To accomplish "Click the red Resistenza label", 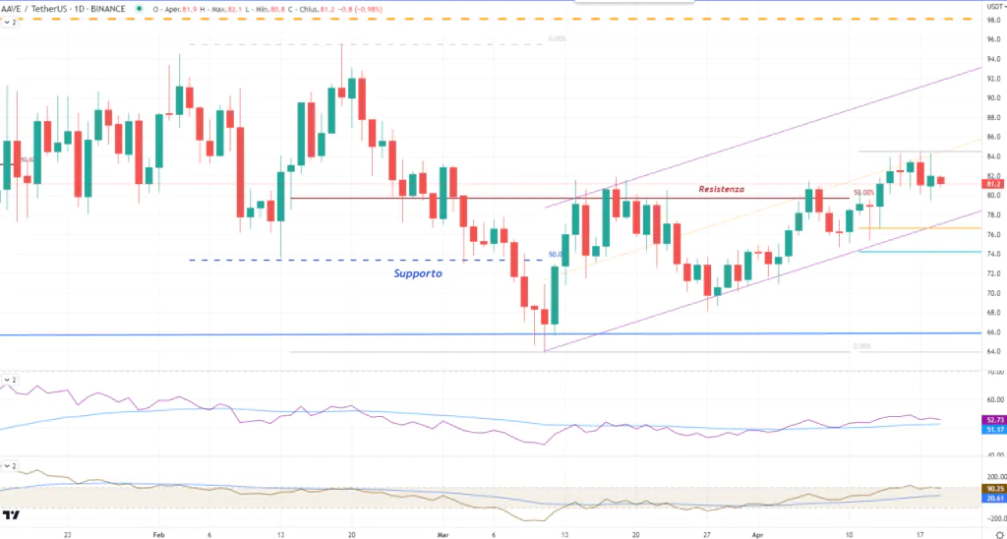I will pos(721,189).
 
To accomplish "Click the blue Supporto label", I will pos(418,273).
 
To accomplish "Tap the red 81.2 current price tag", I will pos(992,184).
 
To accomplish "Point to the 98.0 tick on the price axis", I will pos(992,21).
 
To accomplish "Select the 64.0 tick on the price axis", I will pos(992,351).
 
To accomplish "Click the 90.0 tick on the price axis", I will pos(992,98).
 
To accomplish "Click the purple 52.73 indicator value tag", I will pos(991,420).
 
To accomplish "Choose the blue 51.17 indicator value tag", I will pos(991,430).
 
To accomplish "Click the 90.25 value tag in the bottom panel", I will pos(991,489).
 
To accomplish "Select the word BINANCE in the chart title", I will pos(109,8).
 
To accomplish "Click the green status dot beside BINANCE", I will pos(140,8).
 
